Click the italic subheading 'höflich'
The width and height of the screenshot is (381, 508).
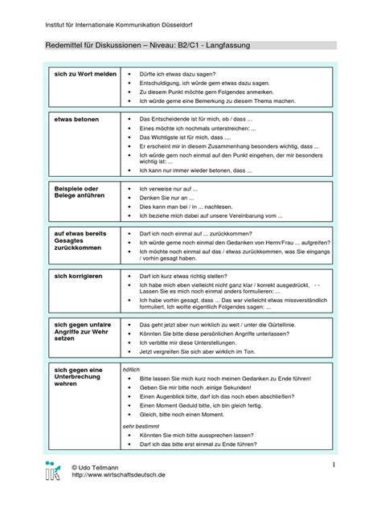131,369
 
